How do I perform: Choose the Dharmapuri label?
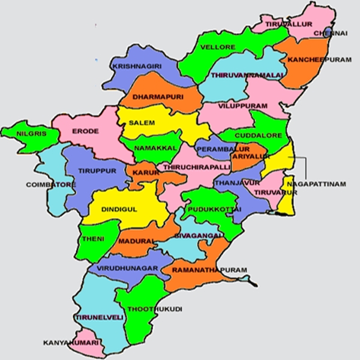[158, 96]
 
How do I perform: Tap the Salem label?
[142, 122]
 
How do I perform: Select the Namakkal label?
[156, 147]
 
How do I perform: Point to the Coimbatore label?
[51, 185]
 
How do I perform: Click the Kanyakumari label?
[70, 343]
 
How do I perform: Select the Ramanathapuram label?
[209, 271]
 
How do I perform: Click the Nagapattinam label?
[316, 183]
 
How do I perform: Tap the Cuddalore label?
[258, 136]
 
